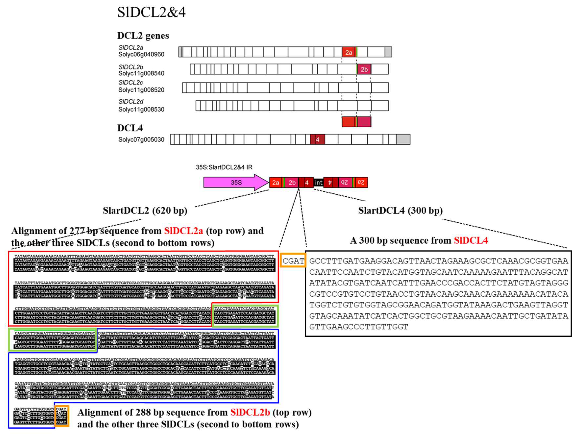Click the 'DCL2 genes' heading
pos(143,36)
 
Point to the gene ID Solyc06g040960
pos(141,54)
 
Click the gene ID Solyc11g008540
pos(141,73)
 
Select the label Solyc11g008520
pos(141,90)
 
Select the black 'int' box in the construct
pos(318,182)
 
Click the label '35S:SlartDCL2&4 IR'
pos(224,167)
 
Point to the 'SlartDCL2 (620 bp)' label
pos(145,211)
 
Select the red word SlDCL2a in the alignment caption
pos(183,231)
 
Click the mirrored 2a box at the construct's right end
pos(361,182)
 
